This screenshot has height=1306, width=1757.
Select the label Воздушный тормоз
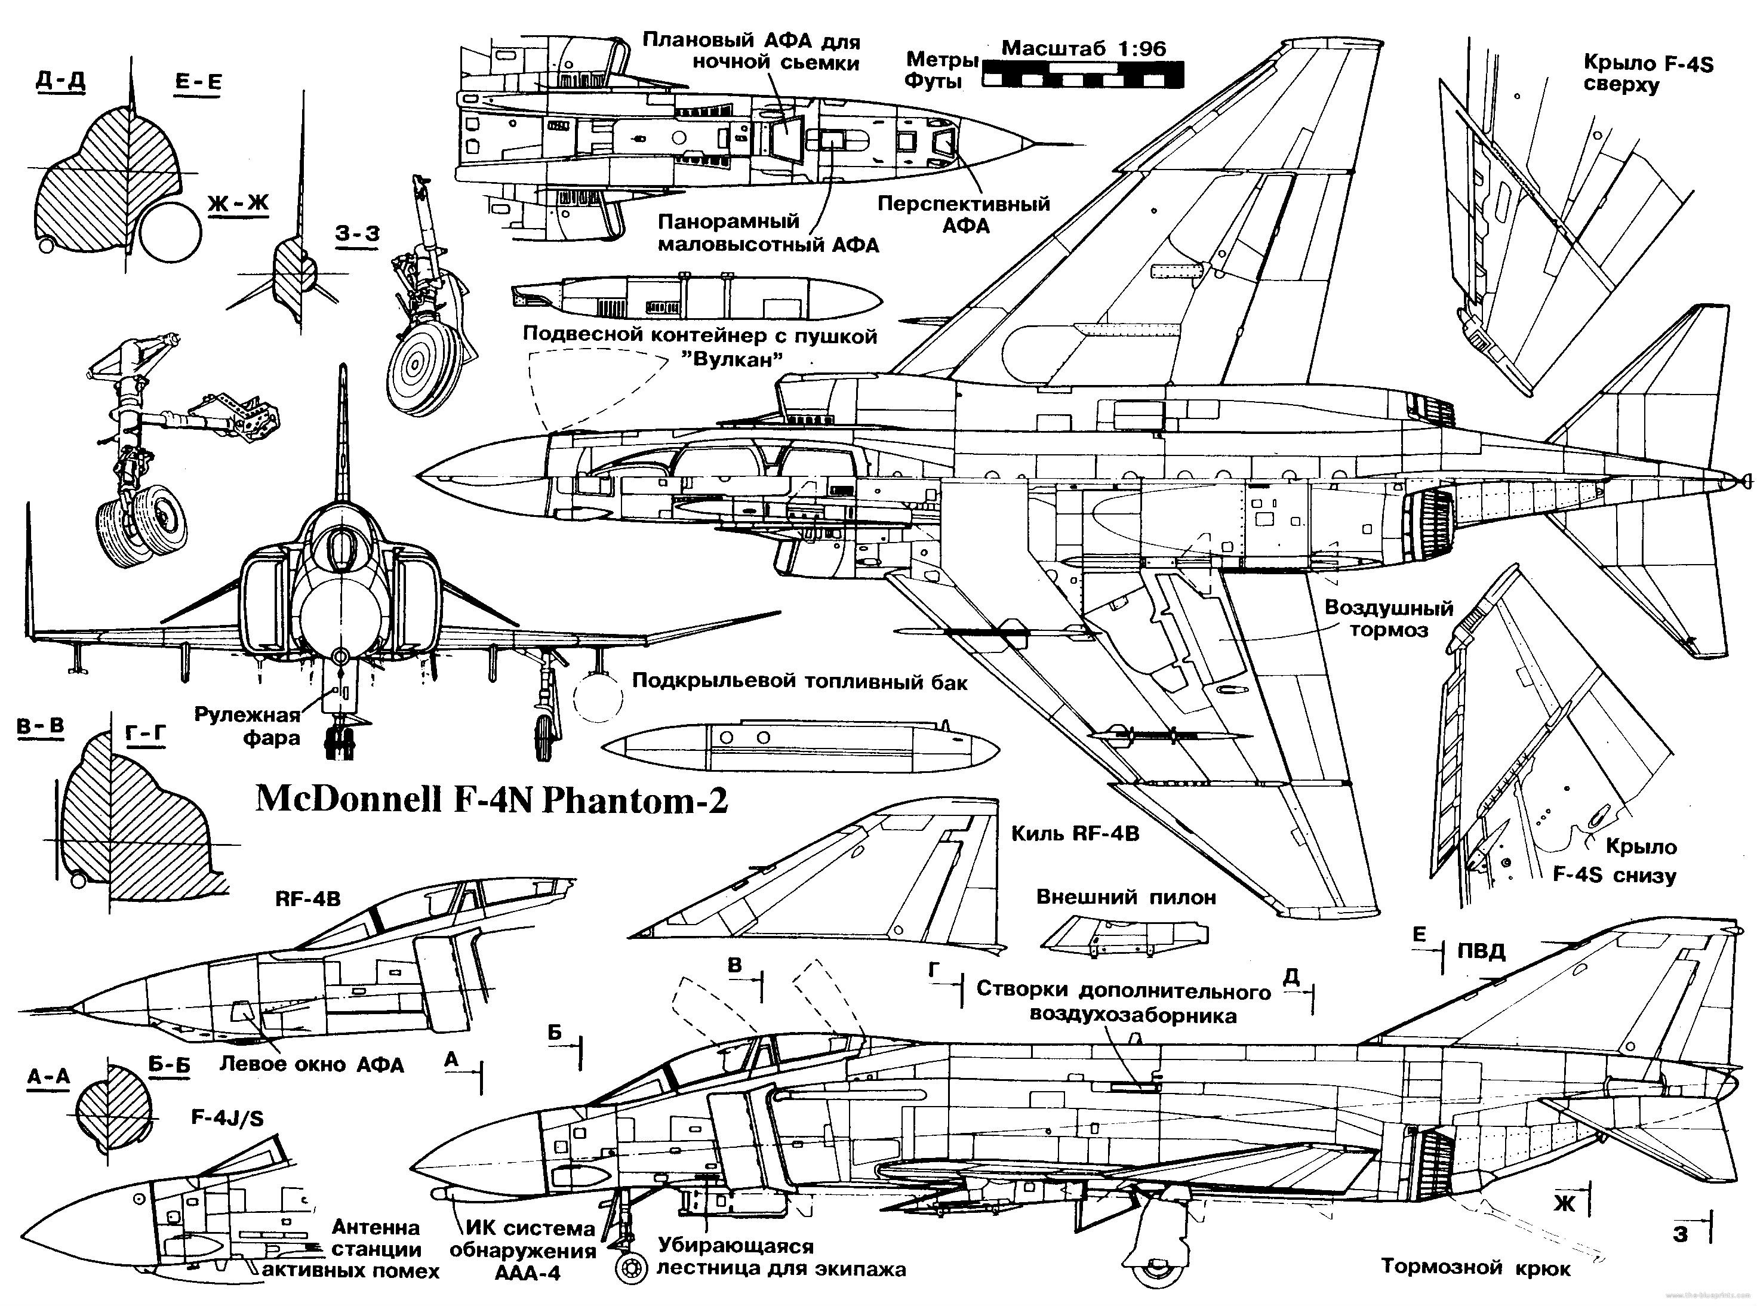coord(1389,619)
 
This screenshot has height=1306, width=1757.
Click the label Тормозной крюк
coord(1475,1268)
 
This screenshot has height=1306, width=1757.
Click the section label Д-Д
coord(60,81)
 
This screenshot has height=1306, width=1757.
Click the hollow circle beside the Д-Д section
coord(171,229)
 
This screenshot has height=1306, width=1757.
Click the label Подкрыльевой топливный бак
coord(799,682)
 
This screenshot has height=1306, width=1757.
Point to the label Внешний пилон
coord(1126,897)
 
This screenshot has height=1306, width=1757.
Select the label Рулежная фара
coord(248,726)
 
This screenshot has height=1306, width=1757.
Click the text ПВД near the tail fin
coord(1481,951)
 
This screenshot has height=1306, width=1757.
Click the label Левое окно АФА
coord(312,1064)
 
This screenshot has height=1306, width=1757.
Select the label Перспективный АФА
coord(964,214)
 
